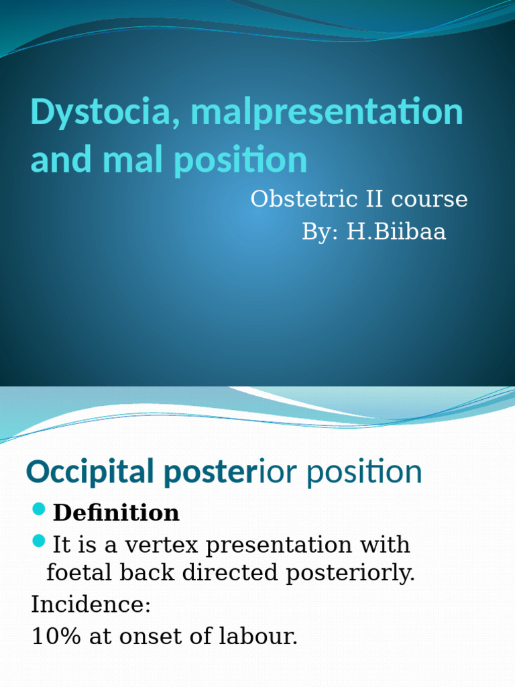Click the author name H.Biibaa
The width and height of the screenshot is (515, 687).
396,232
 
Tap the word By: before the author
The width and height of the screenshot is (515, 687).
321,232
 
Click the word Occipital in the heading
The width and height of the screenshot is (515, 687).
89,472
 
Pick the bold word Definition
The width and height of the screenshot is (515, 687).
116,513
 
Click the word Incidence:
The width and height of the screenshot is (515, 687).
91,604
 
